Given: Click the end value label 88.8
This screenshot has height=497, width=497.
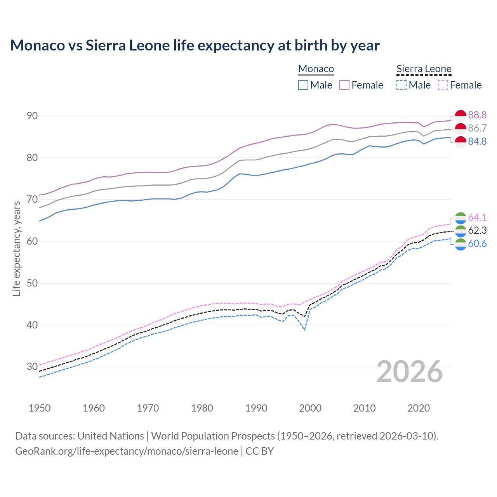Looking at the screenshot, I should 477,115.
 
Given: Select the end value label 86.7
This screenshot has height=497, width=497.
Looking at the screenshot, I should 477,128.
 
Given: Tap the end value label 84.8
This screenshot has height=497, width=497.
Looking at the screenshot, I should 477,141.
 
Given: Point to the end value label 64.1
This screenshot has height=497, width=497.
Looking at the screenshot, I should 477,217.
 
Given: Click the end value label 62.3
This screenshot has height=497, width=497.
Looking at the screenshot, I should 477,230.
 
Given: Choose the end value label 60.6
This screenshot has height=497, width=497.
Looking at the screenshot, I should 477,243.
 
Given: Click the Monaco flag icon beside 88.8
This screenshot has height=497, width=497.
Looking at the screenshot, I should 461,115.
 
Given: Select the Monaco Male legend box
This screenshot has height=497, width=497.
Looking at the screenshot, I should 303,85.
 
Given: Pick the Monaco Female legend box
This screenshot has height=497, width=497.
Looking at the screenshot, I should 344,85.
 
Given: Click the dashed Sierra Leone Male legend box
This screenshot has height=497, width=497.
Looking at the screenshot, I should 401,85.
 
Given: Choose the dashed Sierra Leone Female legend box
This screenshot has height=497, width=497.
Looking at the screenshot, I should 443,85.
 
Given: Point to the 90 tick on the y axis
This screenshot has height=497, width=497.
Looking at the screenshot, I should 32,116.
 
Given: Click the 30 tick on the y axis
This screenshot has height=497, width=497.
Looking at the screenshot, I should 32,367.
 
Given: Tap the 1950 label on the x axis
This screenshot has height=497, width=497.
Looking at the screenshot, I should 40,408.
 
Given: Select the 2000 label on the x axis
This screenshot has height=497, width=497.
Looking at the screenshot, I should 310,408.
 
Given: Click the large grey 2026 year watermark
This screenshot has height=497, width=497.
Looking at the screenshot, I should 410,372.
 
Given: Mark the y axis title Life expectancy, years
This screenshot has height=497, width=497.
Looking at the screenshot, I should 16,248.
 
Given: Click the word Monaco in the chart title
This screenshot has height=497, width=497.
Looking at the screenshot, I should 38,45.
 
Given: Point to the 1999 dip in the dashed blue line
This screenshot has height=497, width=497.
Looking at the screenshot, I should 305,330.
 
